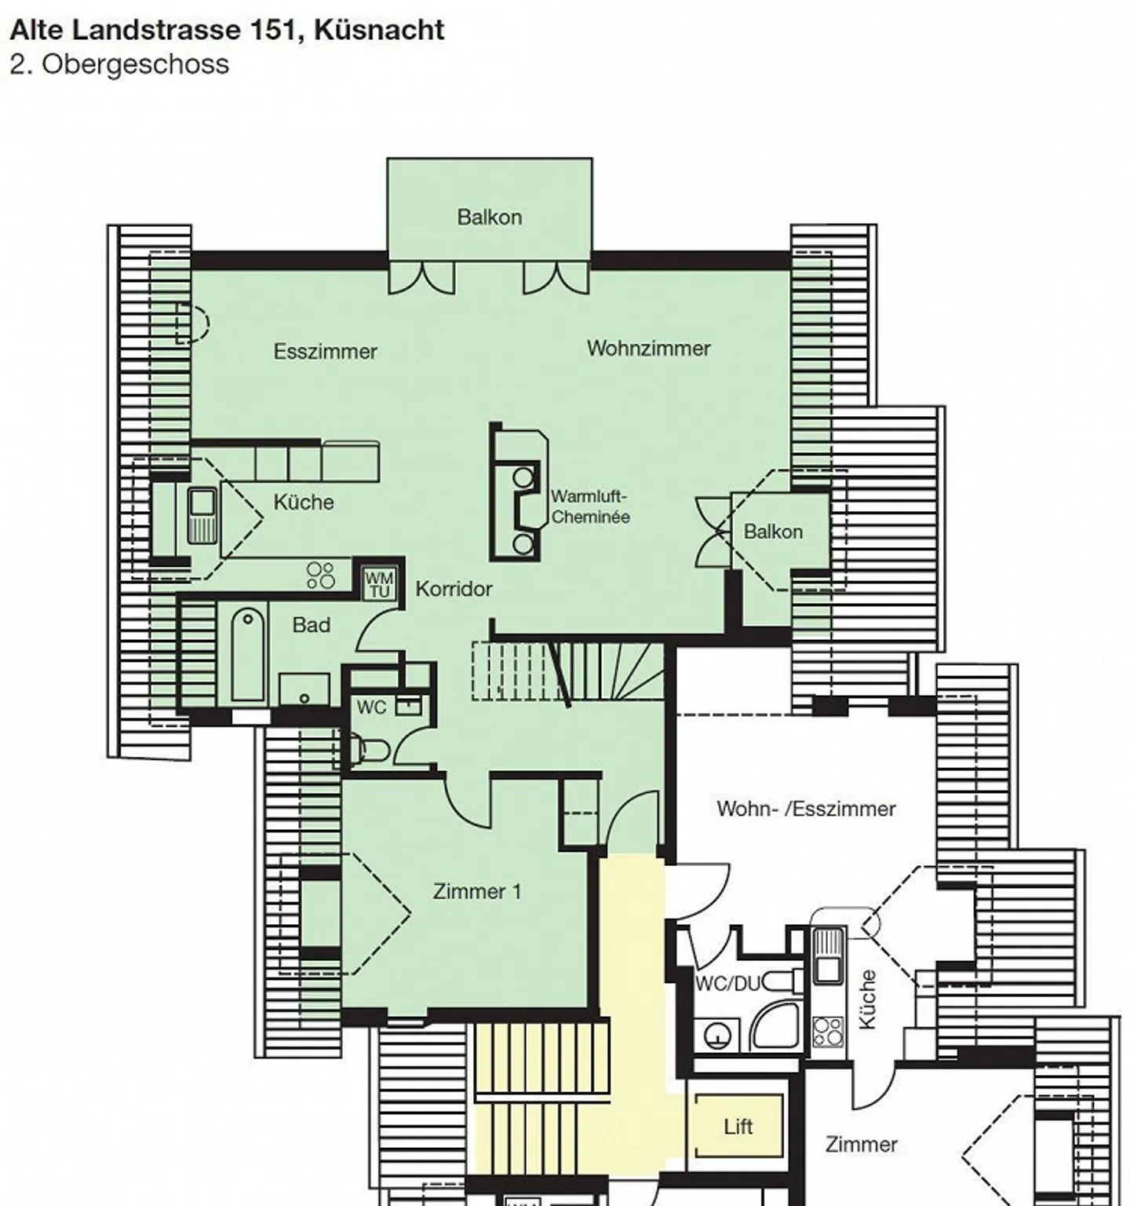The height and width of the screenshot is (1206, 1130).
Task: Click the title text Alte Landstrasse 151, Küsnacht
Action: [x=227, y=30]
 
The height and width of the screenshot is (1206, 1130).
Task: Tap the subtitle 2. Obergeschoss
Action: [x=119, y=64]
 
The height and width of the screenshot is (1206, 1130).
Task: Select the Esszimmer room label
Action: [x=325, y=351]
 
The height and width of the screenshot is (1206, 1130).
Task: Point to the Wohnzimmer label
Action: [x=648, y=348]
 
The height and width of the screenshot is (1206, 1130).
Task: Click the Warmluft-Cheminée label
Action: [x=590, y=506]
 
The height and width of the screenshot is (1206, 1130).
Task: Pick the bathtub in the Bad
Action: [x=248, y=654]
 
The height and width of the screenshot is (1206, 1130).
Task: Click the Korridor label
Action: [x=454, y=588]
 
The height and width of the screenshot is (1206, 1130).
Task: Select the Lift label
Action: [x=738, y=1127]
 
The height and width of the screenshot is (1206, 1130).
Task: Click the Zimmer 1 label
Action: [x=477, y=891]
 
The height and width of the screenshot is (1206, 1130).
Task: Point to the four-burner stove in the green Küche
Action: [x=320, y=575]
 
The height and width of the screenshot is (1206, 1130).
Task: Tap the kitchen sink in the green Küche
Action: [x=202, y=515]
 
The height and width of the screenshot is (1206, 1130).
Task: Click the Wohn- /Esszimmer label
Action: [x=806, y=809]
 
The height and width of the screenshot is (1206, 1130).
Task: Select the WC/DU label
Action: [x=727, y=984]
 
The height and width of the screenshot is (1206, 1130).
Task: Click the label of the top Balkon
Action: [x=490, y=217]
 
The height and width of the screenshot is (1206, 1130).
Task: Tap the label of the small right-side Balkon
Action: [x=773, y=532]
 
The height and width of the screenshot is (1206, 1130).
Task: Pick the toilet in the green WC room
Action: [x=370, y=750]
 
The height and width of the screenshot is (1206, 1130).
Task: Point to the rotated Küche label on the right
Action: [x=867, y=999]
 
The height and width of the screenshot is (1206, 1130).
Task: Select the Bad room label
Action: [x=312, y=625]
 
